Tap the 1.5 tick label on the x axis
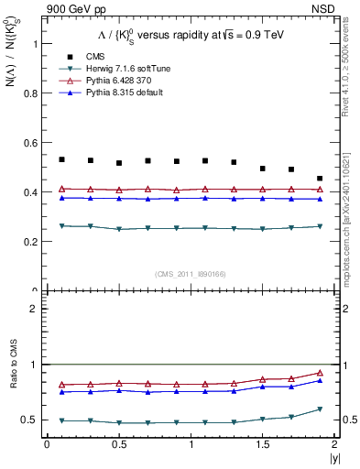coord(262,444)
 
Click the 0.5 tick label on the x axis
coord(119,444)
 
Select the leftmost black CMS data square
coord(61,159)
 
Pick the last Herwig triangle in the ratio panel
coord(320,409)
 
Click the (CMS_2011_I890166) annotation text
coord(189,274)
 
